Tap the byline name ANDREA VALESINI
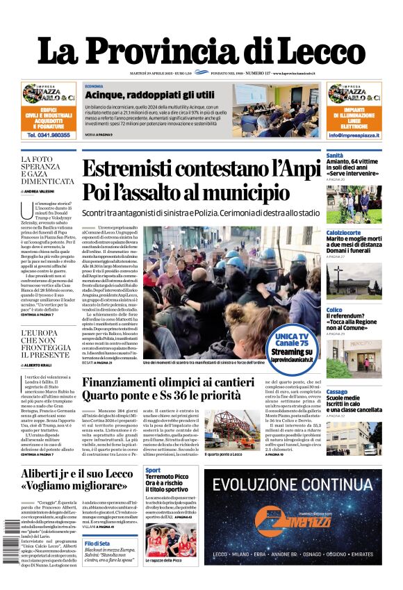(51, 190)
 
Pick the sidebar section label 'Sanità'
(335, 156)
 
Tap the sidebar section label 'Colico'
(334, 309)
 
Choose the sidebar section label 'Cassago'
(337, 392)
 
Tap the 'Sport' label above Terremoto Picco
(152, 471)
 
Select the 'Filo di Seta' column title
(97, 543)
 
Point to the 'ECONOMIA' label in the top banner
(94, 85)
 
